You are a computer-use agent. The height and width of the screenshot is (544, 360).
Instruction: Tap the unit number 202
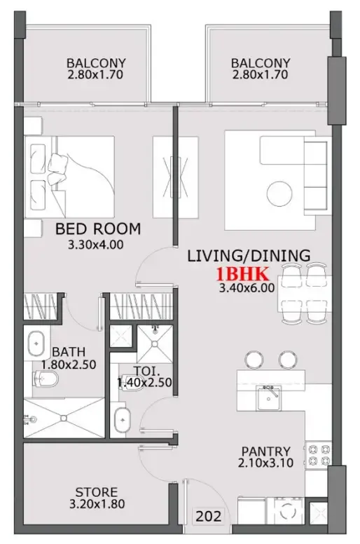209,517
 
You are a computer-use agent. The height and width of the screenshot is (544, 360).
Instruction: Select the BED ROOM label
97,229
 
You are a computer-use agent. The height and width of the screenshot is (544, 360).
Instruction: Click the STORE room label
97,492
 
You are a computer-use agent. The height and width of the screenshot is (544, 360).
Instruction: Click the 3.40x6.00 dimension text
246,287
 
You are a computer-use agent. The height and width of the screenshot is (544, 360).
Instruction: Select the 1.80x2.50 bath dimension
68,365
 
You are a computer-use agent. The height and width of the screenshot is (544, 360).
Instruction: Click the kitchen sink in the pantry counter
268,399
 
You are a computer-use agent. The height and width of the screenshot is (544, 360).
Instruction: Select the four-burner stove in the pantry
318,456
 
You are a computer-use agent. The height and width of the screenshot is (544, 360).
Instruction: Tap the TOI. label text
144,371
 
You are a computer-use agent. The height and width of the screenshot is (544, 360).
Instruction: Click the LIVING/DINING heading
248,257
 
